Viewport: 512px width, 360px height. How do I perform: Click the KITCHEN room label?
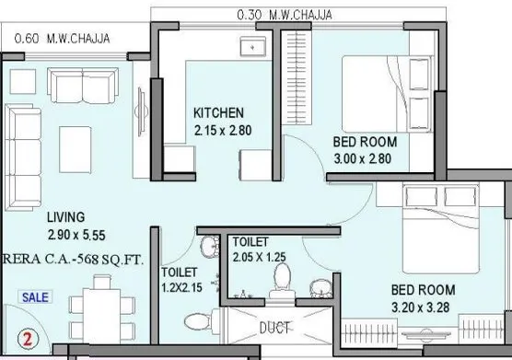pos(218,112)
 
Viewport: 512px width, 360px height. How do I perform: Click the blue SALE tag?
pos(36,297)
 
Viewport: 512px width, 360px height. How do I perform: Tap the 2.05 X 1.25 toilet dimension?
pos(266,257)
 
